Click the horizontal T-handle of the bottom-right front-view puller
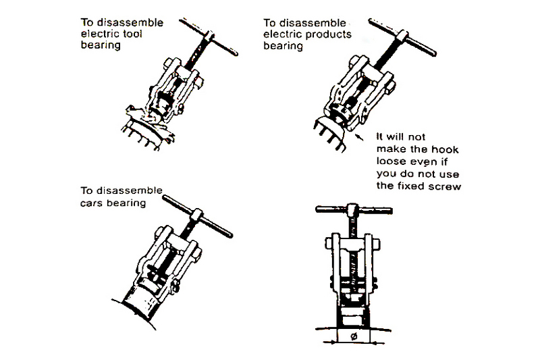click(352, 210)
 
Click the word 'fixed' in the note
click(414, 186)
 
